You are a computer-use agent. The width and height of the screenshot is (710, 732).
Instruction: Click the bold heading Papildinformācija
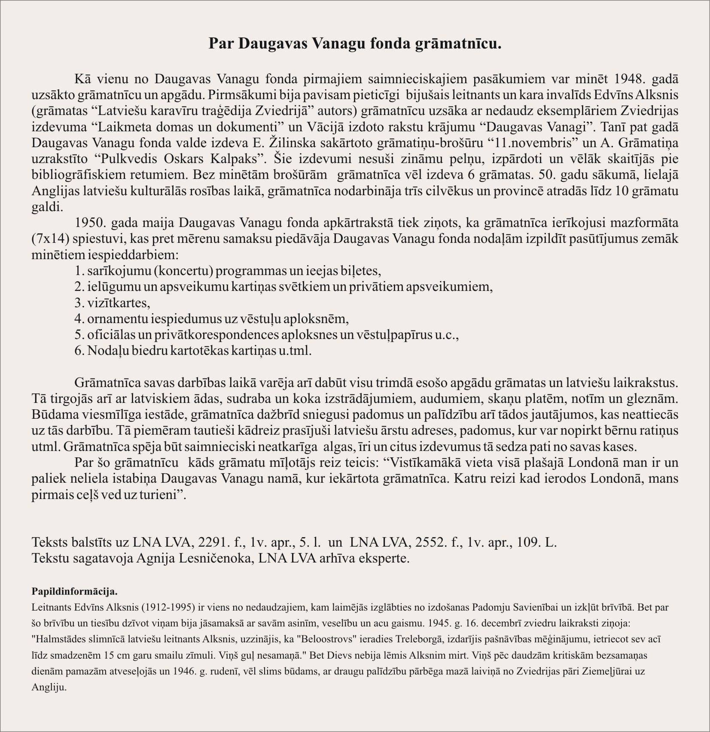(x=75, y=591)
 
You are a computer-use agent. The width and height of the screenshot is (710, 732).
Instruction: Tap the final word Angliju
(x=49, y=687)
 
